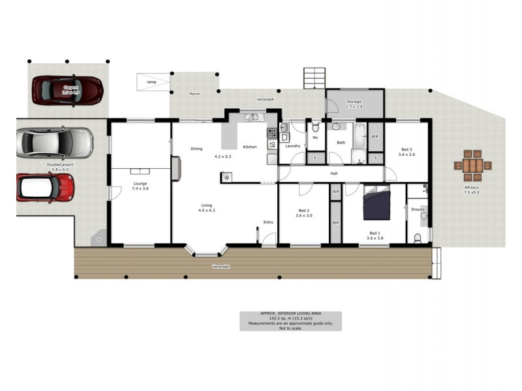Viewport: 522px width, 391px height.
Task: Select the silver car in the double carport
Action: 55,143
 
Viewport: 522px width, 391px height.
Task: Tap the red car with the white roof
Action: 45,187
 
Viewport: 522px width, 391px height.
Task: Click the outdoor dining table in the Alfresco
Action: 472,166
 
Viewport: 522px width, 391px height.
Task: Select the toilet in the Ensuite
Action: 418,237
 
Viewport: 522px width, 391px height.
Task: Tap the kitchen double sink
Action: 251,118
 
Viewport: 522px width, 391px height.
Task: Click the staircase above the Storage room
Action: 315,78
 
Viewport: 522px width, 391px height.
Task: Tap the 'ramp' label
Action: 151,82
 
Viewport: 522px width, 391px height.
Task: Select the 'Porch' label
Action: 194,94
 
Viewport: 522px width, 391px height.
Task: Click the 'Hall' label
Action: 333,173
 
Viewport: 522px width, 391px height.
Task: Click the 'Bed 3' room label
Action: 407,151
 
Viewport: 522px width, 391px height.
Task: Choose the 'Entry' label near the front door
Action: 268,222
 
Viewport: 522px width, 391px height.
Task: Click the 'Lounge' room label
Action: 140,184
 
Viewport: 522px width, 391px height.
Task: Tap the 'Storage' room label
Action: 354,102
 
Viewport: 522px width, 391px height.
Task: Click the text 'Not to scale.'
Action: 290,327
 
